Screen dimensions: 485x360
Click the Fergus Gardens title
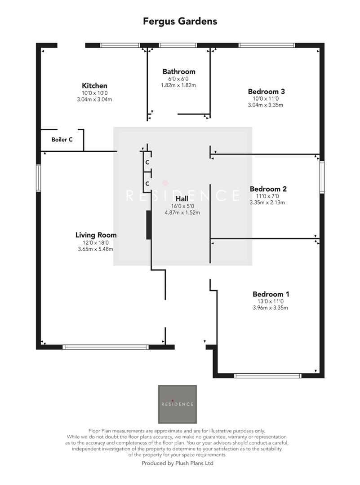(180, 21)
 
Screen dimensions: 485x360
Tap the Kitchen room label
(94, 86)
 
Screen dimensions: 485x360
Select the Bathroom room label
(179, 71)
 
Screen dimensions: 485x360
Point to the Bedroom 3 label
(267, 92)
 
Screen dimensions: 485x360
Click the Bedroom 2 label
(268, 189)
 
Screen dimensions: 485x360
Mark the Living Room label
(96, 235)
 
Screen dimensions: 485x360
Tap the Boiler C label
(62, 140)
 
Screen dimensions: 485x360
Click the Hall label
(182, 198)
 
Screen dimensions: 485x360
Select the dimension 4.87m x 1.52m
(182, 212)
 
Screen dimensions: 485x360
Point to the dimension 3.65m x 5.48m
(95, 249)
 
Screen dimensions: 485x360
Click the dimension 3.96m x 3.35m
(270, 308)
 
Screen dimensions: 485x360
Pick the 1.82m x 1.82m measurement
(179, 85)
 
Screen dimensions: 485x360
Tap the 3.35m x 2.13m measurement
(268, 203)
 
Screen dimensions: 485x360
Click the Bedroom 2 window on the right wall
(322, 177)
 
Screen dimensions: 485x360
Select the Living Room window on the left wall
(39, 178)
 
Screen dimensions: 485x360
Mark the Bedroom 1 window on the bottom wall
(268, 375)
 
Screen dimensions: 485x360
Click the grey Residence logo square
(178, 404)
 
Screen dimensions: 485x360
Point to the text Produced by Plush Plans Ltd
(178, 463)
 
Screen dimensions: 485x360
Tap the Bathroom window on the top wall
(178, 45)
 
